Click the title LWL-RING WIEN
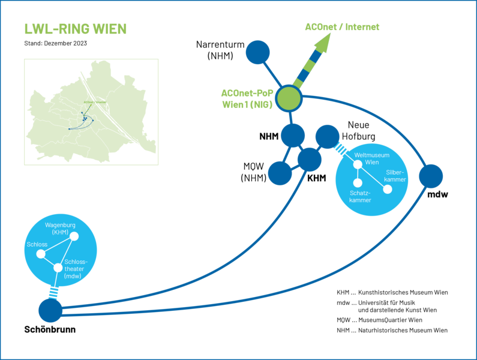(75, 29)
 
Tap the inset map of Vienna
(91, 112)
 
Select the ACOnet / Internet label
(342, 27)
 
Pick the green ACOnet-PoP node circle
(288, 98)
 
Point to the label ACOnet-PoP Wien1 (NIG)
(247, 99)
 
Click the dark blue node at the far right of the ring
(430, 176)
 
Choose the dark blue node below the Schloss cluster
(50, 310)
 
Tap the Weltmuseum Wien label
(372, 159)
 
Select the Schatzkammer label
(361, 196)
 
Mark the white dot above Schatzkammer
(358, 182)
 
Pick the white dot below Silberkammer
(388, 189)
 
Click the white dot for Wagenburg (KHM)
(74, 236)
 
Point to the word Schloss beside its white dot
(37, 245)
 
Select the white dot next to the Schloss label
(41, 254)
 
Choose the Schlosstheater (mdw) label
(75, 269)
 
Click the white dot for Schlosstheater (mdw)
(58, 268)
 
